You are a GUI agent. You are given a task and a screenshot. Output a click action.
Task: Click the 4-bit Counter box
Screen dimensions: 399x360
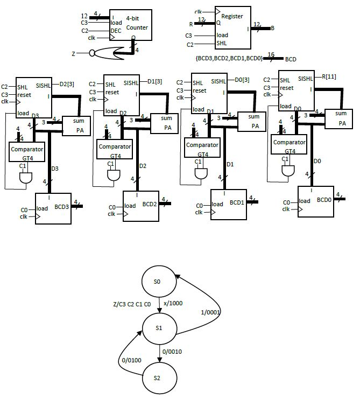pyautogui.click(x=130, y=25)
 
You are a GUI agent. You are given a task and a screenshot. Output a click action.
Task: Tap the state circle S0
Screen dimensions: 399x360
pyautogui.click(x=157, y=282)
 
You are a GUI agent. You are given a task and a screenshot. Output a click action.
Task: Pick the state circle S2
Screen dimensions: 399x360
pyautogui.click(x=157, y=377)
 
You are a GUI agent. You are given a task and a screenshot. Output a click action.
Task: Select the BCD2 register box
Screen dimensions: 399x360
pyautogui.click(x=141, y=206)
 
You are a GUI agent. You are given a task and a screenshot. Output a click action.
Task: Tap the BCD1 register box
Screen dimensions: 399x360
pyautogui.click(x=228, y=205)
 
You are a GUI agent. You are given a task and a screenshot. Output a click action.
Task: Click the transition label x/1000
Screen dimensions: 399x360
pyautogui.click(x=174, y=303)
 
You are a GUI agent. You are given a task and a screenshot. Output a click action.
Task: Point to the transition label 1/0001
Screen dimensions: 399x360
pyautogui.click(x=210, y=312)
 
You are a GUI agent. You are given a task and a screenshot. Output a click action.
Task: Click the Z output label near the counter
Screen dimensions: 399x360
pyautogui.click(x=73, y=54)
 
